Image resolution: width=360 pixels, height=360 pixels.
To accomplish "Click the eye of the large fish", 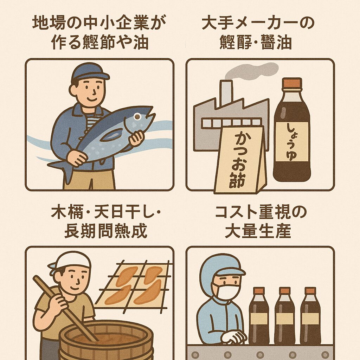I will [137, 116].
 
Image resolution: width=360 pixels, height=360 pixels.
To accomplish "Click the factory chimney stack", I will [226, 93].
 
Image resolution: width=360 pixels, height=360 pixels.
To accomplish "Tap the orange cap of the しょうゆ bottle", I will [291, 83].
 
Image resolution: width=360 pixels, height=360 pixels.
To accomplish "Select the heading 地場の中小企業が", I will [99, 23].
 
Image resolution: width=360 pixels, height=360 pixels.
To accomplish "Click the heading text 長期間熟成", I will [105, 232].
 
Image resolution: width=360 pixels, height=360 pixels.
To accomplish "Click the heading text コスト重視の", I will [261, 213].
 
